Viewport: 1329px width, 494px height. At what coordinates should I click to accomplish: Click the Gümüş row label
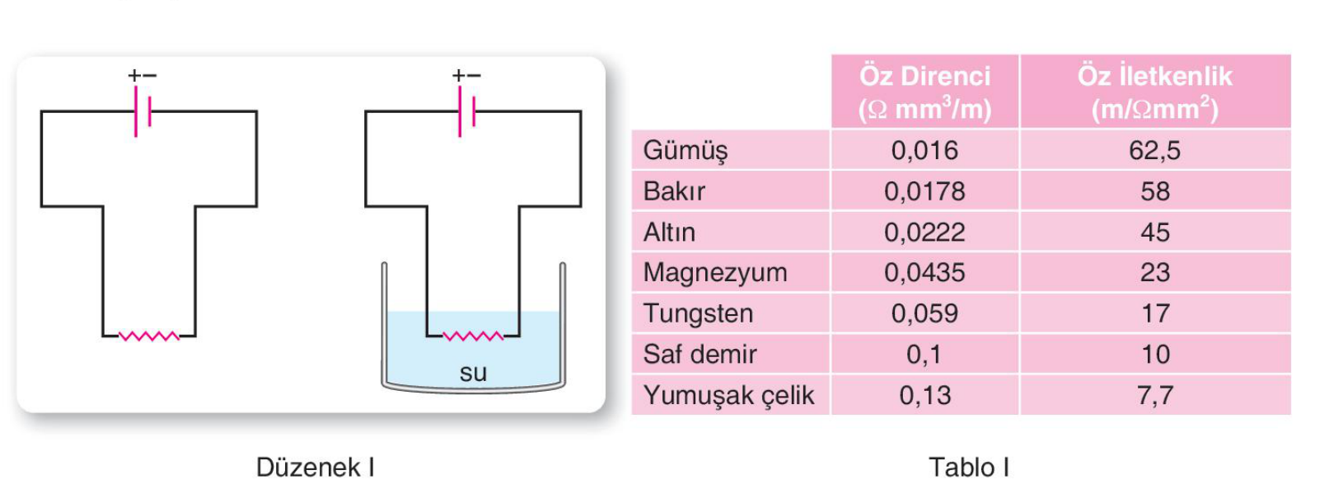pyautogui.click(x=686, y=151)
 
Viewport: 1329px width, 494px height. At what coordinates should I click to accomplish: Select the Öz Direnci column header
pyautogui.click(x=925, y=92)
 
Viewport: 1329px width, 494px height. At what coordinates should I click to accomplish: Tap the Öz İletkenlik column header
pyautogui.click(x=1154, y=92)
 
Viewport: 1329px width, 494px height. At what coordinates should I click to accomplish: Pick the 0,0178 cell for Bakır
pyautogui.click(x=925, y=191)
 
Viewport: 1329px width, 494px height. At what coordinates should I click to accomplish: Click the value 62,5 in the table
pyautogui.click(x=1154, y=150)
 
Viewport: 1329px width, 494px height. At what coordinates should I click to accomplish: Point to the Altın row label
pyautogui.click(x=669, y=233)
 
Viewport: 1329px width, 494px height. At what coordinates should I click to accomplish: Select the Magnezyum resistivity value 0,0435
pyautogui.click(x=925, y=272)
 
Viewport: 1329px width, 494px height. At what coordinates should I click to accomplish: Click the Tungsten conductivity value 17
pyautogui.click(x=1155, y=313)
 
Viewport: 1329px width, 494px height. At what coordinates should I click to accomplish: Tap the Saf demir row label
pyautogui.click(x=700, y=355)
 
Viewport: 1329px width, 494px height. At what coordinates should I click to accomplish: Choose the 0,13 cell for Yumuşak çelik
pyautogui.click(x=925, y=395)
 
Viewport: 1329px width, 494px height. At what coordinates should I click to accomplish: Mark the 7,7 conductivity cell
pyautogui.click(x=1155, y=395)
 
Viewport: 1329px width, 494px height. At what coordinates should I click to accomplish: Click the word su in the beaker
pyautogui.click(x=473, y=373)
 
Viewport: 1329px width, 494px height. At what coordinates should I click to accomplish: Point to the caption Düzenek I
pyautogui.click(x=315, y=468)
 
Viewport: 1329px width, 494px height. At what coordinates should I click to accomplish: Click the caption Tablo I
pyautogui.click(x=969, y=468)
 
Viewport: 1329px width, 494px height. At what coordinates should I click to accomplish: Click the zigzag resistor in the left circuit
pyautogui.click(x=149, y=336)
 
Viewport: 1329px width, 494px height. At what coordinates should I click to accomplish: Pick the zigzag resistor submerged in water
pyautogui.click(x=473, y=336)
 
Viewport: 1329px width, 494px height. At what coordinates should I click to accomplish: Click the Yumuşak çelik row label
pyautogui.click(x=728, y=396)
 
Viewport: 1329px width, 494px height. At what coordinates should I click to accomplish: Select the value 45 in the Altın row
pyautogui.click(x=1155, y=233)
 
